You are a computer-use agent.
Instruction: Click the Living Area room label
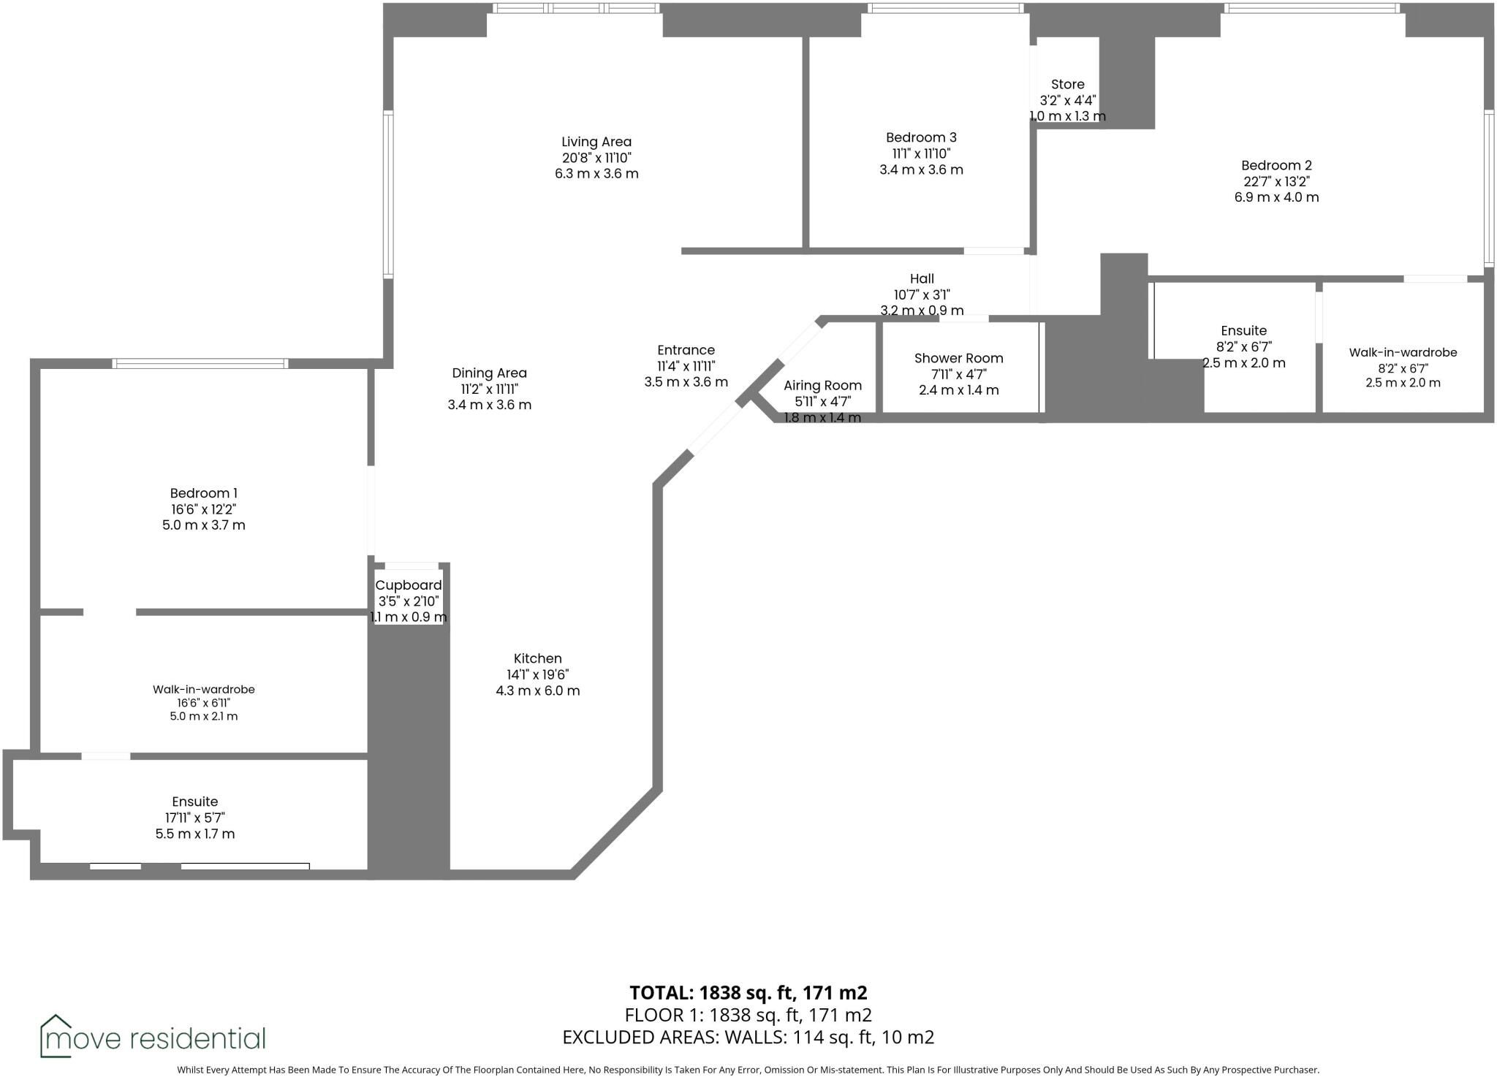pyautogui.click(x=596, y=142)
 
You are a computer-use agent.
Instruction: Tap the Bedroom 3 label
pyautogui.click(x=920, y=137)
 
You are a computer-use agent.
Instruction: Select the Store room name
pyautogui.click(x=1067, y=85)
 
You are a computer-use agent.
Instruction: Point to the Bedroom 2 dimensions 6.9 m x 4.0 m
pyautogui.click(x=1276, y=197)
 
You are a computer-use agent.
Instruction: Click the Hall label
pyautogui.click(x=922, y=278)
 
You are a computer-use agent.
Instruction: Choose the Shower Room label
pyautogui.click(x=958, y=358)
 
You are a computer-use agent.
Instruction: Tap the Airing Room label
pyautogui.click(x=822, y=385)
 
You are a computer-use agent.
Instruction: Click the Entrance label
pyautogui.click(x=686, y=350)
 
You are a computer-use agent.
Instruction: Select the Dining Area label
pyautogui.click(x=489, y=373)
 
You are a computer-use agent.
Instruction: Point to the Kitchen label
pyautogui.click(x=537, y=658)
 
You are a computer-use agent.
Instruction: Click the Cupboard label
pyautogui.click(x=408, y=585)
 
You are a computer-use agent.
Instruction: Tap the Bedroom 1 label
pyautogui.click(x=203, y=493)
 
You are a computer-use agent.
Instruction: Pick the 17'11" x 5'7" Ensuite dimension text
pyautogui.click(x=194, y=818)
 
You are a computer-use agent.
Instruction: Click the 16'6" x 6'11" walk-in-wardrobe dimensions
pyautogui.click(x=203, y=703)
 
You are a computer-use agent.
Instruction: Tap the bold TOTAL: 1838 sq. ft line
pyautogui.click(x=748, y=992)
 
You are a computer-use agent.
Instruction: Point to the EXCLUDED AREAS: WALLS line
pyautogui.click(x=748, y=1037)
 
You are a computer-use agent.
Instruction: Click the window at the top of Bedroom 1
pyautogui.click(x=200, y=363)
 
